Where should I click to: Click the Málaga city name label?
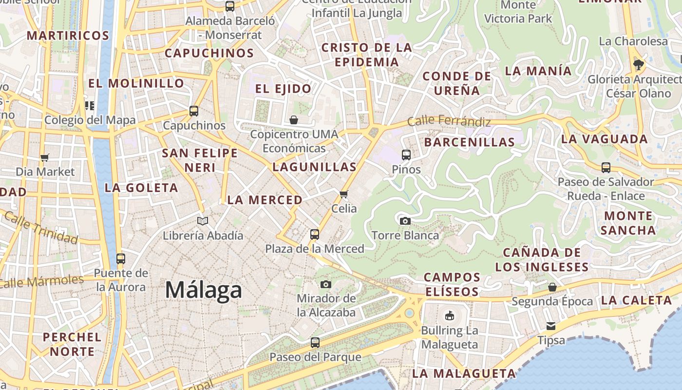pyautogui.click(x=204, y=290)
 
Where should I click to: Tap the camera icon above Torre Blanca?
pyautogui.click(x=405, y=221)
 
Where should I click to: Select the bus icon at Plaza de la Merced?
pyautogui.click(x=315, y=234)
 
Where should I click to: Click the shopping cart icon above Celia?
pyautogui.click(x=344, y=195)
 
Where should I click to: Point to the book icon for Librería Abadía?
pyautogui.click(x=203, y=221)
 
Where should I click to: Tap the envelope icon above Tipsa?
pyautogui.click(x=551, y=326)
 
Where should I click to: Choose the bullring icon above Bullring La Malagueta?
pyautogui.click(x=449, y=315)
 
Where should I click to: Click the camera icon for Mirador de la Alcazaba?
pyautogui.click(x=326, y=284)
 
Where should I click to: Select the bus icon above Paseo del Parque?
pyautogui.click(x=315, y=343)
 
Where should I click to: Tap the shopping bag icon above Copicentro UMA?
pyautogui.click(x=294, y=119)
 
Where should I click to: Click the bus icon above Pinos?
pyautogui.click(x=406, y=155)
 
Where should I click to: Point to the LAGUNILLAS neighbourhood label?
pyautogui.click(x=314, y=167)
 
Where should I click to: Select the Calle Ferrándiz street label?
pyautogui.click(x=449, y=120)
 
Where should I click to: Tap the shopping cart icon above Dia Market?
pyautogui.click(x=45, y=157)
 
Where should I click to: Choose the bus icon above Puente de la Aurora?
pyautogui.click(x=121, y=258)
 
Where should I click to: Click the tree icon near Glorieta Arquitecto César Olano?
pyautogui.click(x=638, y=64)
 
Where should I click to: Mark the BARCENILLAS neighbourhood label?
pyautogui.click(x=469, y=142)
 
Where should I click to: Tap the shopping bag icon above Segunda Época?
pyautogui.click(x=552, y=287)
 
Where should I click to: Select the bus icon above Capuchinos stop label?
pyautogui.click(x=194, y=111)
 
